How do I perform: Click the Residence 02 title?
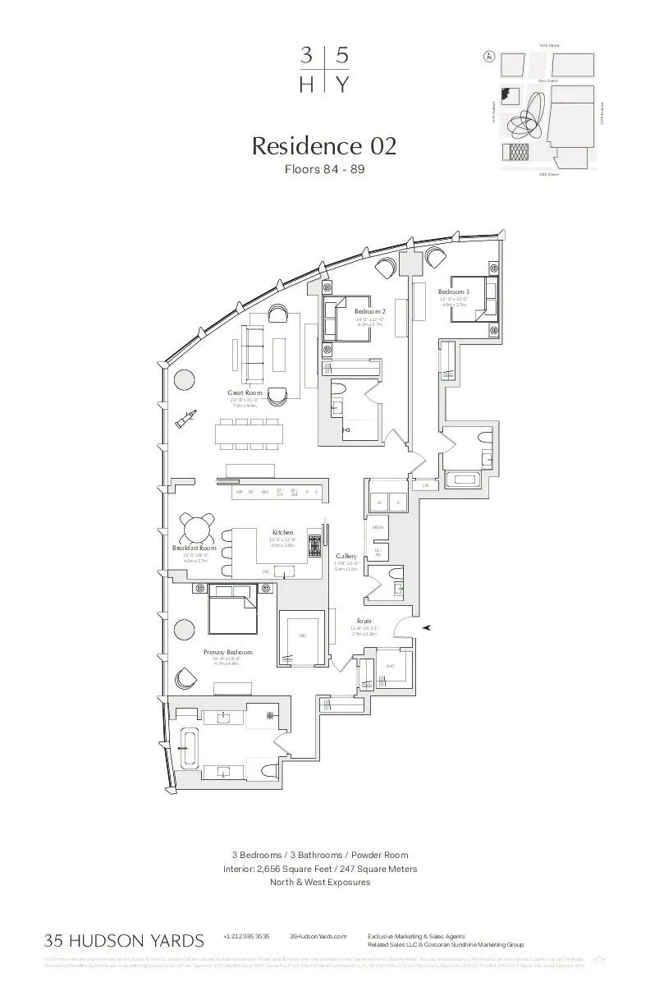(x=324, y=146)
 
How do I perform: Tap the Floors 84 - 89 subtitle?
(x=324, y=170)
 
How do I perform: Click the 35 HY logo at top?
(x=324, y=70)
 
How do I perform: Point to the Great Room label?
(x=245, y=393)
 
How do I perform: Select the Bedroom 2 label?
(x=370, y=312)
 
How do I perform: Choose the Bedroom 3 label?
(x=453, y=292)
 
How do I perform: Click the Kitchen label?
(x=282, y=533)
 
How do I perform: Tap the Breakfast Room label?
(x=195, y=548)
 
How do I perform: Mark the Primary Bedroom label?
(x=228, y=652)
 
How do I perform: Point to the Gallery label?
(x=346, y=556)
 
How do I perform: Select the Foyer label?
(x=364, y=622)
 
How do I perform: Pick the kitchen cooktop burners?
(x=314, y=545)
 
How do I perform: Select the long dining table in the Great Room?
(x=250, y=434)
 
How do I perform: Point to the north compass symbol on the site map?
(x=489, y=57)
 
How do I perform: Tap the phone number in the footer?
(x=246, y=936)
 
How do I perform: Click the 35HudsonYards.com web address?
(x=318, y=936)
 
